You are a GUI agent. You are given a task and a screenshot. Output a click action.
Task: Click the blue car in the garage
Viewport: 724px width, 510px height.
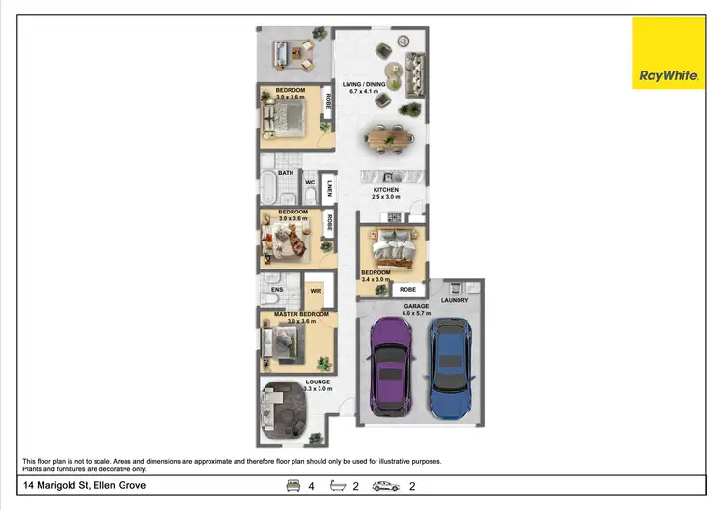tap(451, 367)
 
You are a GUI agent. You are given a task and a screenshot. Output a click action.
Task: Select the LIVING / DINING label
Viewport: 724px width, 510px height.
tap(365, 85)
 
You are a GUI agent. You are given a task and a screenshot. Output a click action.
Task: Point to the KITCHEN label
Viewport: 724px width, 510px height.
tap(386, 191)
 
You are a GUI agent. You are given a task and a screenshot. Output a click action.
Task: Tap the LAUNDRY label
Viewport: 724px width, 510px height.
tap(455, 300)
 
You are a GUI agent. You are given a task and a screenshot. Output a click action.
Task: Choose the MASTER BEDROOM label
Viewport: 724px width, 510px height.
tap(301, 314)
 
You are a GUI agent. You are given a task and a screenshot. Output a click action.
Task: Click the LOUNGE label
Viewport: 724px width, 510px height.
tap(318, 382)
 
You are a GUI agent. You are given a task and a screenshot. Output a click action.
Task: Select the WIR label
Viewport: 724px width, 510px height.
tap(315, 290)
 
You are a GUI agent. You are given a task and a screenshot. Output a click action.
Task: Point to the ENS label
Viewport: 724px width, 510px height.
tap(277, 289)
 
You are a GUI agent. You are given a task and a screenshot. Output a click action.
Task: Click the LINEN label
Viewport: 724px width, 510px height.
tap(329, 188)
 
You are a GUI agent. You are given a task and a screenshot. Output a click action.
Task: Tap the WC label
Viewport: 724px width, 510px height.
tap(310, 181)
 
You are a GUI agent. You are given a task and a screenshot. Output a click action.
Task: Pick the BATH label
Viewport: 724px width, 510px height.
tap(286, 173)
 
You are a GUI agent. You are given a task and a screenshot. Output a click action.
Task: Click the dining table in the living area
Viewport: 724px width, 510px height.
tap(391, 139)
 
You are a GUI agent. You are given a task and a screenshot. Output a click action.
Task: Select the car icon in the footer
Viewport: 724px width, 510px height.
tap(386, 486)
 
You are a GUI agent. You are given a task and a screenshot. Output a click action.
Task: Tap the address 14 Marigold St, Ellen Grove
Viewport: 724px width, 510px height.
tap(84, 485)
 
